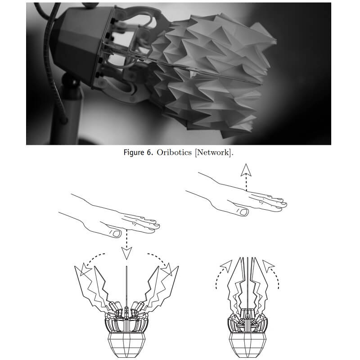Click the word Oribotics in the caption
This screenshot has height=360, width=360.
(174, 153)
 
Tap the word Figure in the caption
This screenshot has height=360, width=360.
(134, 153)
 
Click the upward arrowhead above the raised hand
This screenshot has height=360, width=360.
(246, 170)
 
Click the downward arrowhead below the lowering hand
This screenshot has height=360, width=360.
(126, 253)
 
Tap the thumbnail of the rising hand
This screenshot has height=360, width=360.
(244, 212)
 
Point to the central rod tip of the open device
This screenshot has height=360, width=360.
(126, 266)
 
